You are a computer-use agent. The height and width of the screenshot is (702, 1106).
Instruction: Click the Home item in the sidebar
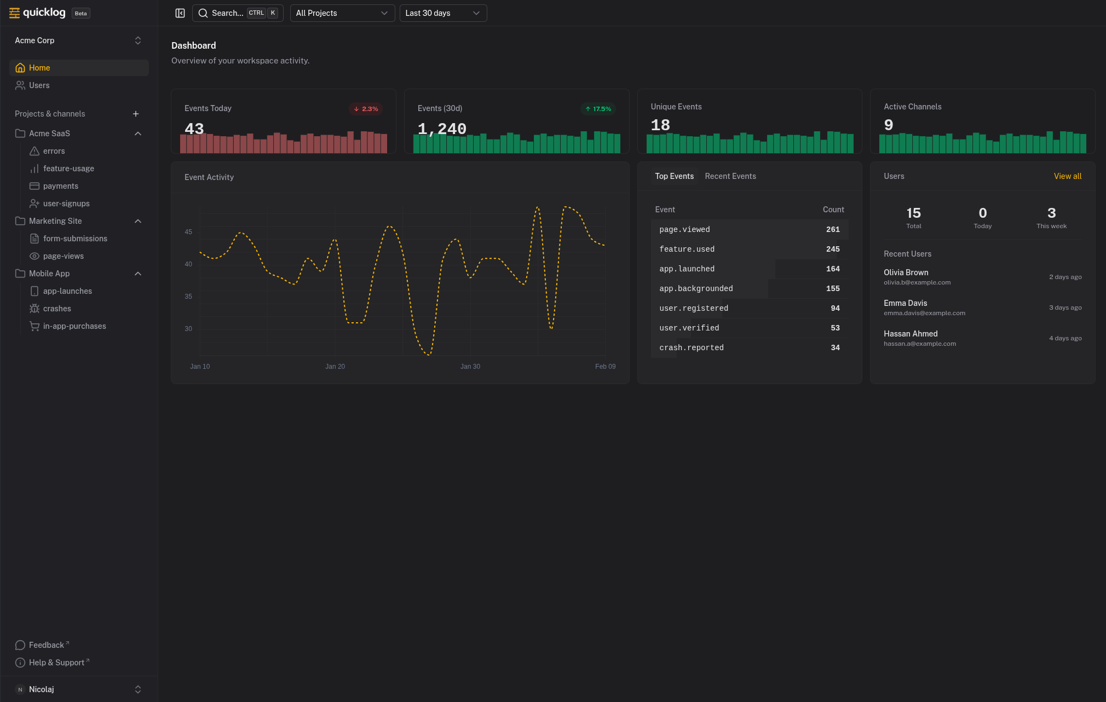pyautogui.click(x=39, y=68)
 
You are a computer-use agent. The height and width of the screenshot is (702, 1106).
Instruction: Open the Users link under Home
pyautogui.click(x=39, y=85)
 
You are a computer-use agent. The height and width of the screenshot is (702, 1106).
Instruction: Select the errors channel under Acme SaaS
pyautogui.click(x=54, y=151)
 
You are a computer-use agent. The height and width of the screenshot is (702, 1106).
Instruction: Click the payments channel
pyautogui.click(x=60, y=186)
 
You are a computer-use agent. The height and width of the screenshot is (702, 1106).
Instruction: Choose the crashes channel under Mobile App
pyautogui.click(x=57, y=309)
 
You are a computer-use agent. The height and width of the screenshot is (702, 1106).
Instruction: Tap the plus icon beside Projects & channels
pyautogui.click(x=136, y=114)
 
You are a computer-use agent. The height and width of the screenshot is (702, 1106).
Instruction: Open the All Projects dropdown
pyautogui.click(x=342, y=13)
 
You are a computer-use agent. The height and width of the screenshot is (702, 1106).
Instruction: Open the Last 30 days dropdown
pyautogui.click(x=442, y=13)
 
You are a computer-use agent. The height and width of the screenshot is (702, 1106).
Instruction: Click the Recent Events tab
pyautogui.click(x=730, y=176)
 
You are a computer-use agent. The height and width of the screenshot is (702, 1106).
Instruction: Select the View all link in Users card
pyautogui.click(x=1067, y=176)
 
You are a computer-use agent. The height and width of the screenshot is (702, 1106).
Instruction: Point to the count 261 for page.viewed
pyautogui.click(x=833, y=230)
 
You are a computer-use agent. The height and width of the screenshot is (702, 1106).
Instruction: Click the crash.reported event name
pyautogui.click(x=692, y=348)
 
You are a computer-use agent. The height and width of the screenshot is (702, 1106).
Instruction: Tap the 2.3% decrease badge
pyautogui.click(x=366, y=109)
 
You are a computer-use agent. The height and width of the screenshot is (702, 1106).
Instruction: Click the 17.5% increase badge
pyautogui.click(x=598, y=109)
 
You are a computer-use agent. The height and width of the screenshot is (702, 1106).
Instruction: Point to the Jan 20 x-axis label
pyautogui.click(x=335, y=367)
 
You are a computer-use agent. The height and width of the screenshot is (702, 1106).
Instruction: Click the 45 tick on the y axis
pyautogui.click(x=188, y=232)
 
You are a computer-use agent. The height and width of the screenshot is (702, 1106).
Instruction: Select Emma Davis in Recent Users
pyautogui.click(x=906, y=303)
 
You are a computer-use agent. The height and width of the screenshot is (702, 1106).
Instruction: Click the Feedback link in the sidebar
pyautogui.click(x=47, y=645)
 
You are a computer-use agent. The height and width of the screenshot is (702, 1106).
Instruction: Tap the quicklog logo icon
pyautogui.click(x=15, y=13)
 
